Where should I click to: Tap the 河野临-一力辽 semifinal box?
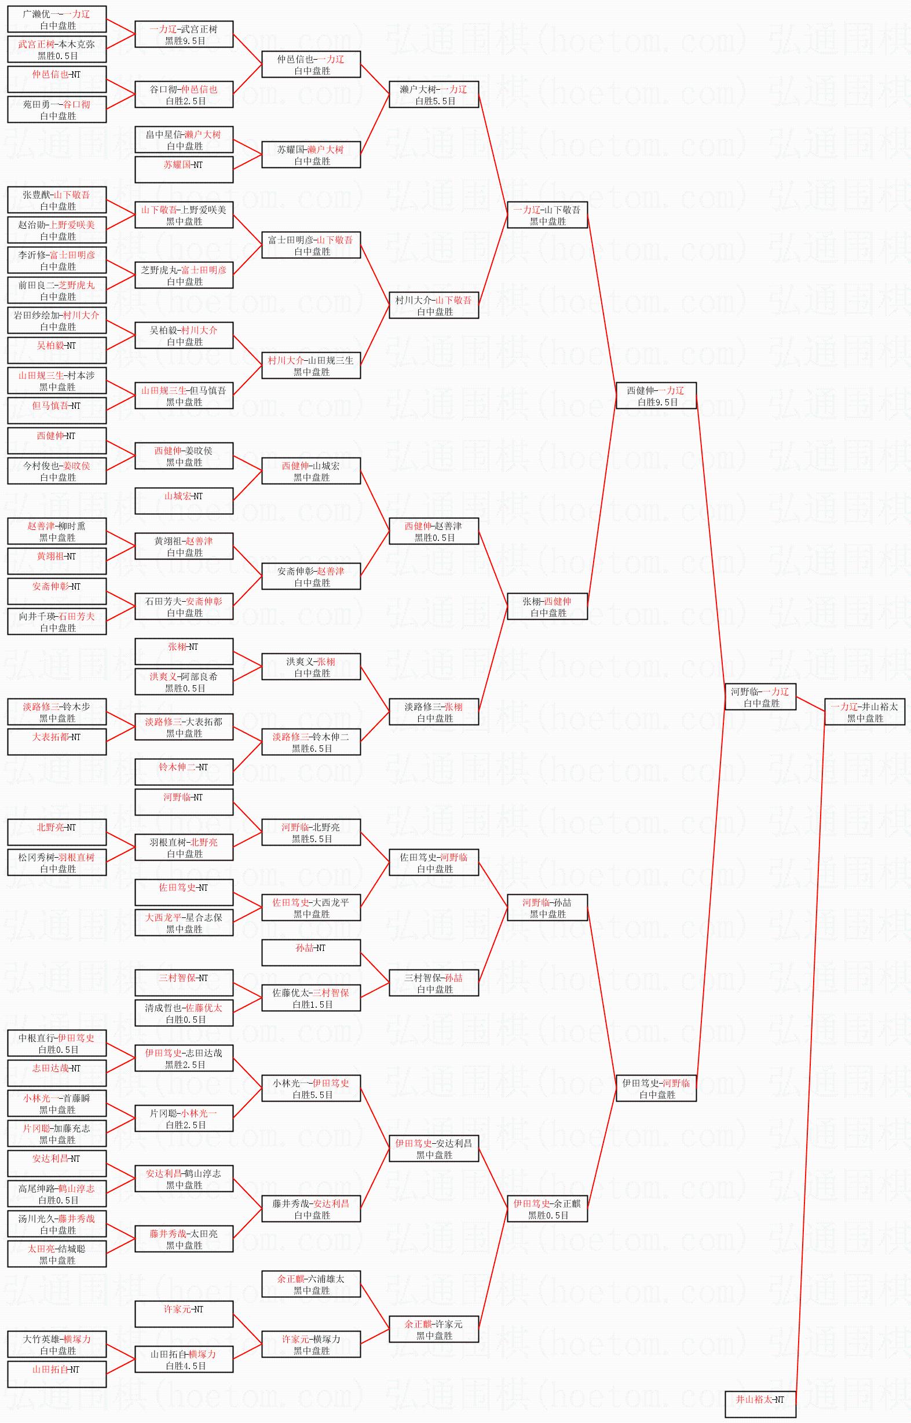(x=760, y=697)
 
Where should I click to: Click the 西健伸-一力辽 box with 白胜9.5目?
(x=656, y=396)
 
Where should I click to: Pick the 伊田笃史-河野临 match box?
(x=656, y=1089)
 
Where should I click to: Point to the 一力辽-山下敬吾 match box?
(x=547, y=215)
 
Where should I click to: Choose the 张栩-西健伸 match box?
(x=547, y=607)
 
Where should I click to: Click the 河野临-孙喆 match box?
(x=547, y=908)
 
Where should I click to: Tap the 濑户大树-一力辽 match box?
(x=434, y=94)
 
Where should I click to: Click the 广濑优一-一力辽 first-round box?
(x=57, y=20)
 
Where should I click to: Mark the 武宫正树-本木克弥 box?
(x=57, y=50)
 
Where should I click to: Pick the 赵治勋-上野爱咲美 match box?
(x=57, y=230)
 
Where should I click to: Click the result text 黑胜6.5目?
(x=312, y=749)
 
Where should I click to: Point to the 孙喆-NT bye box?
(x=311, y=953)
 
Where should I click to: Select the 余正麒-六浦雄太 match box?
(x=311, y=1284)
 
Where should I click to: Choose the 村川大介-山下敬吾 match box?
(x=434, y=306)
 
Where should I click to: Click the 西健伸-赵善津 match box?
(x=434, y=532)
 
